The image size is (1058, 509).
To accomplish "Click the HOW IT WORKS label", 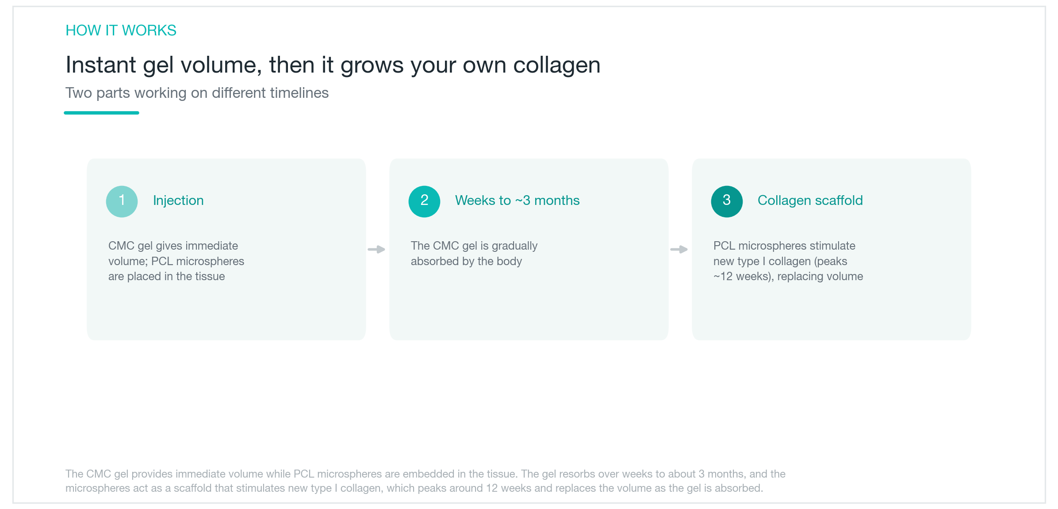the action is pyautogui.click(x=121, y=30).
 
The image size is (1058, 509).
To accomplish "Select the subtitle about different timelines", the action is pyautogui.click(x=197, y=93).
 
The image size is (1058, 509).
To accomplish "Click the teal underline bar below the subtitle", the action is pyautogui.click(x=101, y=113).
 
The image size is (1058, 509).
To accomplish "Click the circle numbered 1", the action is pyautogui.click(x=122, y=201).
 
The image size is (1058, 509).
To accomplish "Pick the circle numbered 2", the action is pyautogui.click(x=424, y=201).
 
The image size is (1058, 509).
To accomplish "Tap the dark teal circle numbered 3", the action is pyautogui.click(x=727, y=201).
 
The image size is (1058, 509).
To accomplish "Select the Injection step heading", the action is pyautogui.click(x=178, y=201).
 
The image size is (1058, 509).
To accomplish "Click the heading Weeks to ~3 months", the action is pyautogui.click(x=517, y=201).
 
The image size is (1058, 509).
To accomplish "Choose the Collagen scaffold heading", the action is pyautogui.click(x=810, y=201).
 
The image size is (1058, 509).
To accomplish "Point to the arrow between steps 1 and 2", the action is pyautogui.click(x=376, y=249).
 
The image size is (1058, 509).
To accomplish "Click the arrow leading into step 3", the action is pyautogui.click(x=679, y=249).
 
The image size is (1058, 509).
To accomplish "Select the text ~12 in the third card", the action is pyautogui.click(x=723, y=277).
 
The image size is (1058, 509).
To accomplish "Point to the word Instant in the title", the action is pyautogui.click(x=101, y=65).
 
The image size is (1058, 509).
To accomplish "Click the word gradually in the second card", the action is pyautogui.click(x=514, y=246).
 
